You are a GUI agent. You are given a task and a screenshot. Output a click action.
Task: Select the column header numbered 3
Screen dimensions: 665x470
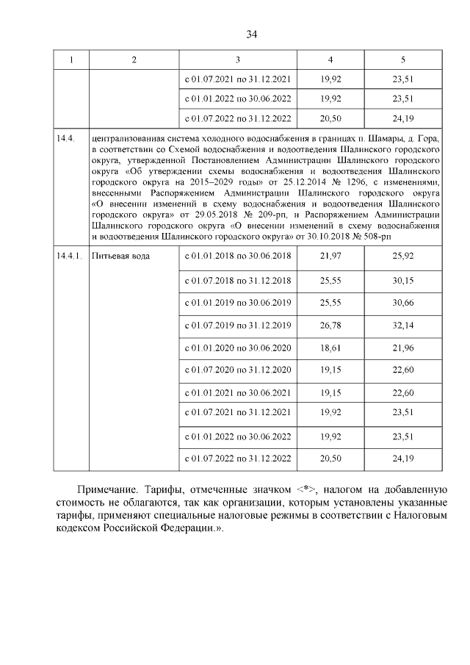point(238,60)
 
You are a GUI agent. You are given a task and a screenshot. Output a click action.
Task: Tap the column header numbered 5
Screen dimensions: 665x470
point(402,60)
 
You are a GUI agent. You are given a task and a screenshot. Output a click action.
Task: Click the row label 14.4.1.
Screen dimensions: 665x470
point(69,256)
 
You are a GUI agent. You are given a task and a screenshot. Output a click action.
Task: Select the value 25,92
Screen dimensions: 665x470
point(402,255)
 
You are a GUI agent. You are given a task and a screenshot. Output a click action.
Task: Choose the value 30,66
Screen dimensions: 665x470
point(402,303)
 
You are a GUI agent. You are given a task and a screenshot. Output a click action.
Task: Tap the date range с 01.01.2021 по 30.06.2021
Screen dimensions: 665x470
point(238,393)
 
